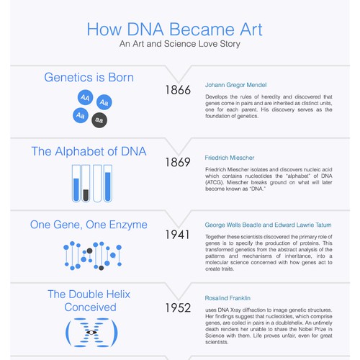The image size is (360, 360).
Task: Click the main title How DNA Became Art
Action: coord(174,30)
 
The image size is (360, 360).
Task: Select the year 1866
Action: coord(177,91)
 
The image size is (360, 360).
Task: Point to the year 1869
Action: coord(177,163)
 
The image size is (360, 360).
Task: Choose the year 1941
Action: coord(177,235)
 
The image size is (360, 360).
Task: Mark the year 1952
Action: coord(177,308)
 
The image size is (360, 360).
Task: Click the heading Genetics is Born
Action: coord(89,77)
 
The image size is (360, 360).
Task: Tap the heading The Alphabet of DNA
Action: coord(89,151)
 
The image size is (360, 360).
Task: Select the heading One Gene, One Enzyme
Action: coord(89,225)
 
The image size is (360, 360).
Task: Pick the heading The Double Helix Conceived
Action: coord(81,300)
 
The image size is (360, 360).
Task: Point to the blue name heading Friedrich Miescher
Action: coord(230,157)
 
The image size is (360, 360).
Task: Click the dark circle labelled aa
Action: coord(99,120)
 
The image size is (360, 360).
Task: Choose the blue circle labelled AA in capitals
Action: coord(86,96)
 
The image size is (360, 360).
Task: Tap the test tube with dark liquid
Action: coord(86,184)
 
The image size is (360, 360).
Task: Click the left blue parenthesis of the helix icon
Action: coord(70,331)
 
